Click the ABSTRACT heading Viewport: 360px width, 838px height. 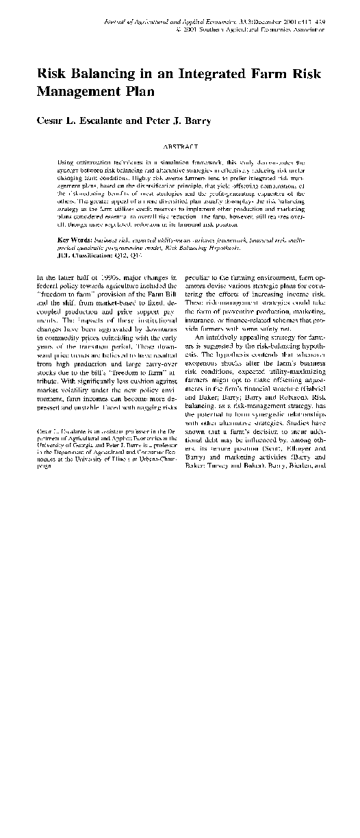181,146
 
